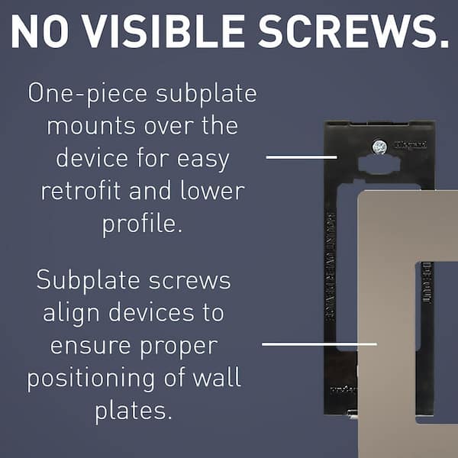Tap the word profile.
click(140, 224)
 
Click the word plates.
click(133, 411)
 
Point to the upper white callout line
click(301, 157)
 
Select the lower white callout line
click(319, 343)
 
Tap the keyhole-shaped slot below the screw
click(379, 166)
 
